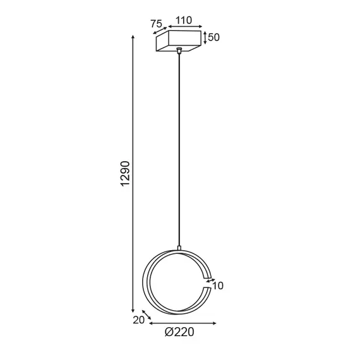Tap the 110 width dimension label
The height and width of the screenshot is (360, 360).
point(183,21)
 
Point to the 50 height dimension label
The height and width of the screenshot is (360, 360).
point(213,37)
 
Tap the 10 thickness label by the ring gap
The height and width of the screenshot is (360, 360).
point(218,286)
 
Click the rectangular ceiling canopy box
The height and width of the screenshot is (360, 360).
point(179,43)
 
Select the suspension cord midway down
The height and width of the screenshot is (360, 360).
point(181,152)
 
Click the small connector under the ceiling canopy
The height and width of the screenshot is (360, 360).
point(181,52)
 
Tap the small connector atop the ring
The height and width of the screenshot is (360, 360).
point(181,248)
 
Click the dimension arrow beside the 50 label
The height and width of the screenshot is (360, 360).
point(204,37)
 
